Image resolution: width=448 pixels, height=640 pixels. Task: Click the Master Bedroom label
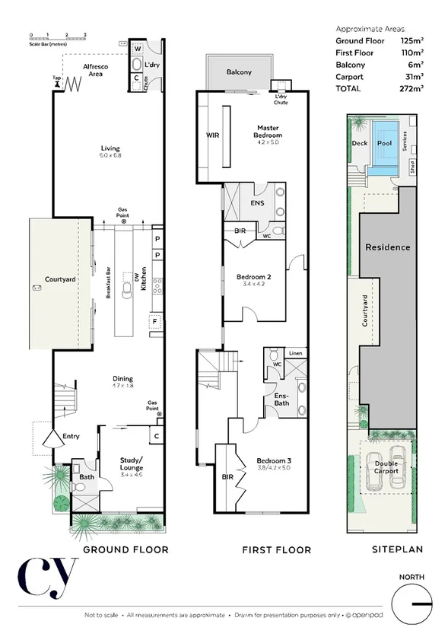pos(268,132)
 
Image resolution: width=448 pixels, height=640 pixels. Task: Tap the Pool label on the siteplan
pos(384,143)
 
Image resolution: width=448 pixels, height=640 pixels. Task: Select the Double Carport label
pos(386,466)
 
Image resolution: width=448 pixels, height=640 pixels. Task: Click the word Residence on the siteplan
pos(388,247)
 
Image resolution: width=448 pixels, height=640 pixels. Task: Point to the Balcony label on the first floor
pos(239,72)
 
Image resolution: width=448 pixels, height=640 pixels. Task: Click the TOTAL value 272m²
pos(411,88)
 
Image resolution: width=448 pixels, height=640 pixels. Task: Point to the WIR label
pos(212,135)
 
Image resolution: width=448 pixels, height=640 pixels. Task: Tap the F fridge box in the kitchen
pos(156,323)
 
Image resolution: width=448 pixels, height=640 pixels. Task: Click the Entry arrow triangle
pos(53,440)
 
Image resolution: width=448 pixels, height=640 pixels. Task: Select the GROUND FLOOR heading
pos(126,549)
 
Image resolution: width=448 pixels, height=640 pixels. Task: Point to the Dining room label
pos(122,378)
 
